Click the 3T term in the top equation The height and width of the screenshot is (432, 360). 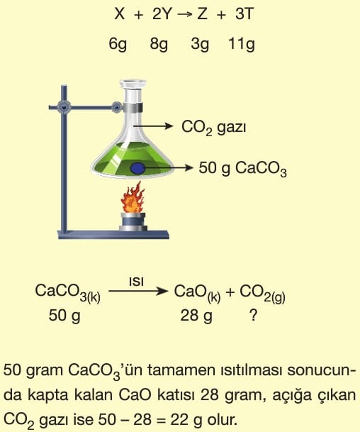click(244, 13)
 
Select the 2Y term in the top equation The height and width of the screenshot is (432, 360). click(162, 13)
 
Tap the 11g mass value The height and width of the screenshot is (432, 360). click(242, 44)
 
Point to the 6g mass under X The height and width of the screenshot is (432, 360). click(118, 44)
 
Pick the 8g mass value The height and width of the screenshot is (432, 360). click(159, 44)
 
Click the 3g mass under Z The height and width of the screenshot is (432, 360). click(200, 44)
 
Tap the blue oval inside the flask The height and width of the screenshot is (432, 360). click(137, 168)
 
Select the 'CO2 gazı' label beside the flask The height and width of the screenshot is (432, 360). click(213, 128)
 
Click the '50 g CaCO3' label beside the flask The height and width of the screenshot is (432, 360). click(243, 169)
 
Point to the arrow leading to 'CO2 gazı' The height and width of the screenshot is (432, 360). click(153, 126)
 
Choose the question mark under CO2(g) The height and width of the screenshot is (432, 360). click(254, 315)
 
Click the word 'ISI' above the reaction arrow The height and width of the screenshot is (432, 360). click(136, 282)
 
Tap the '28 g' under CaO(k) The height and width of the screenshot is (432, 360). click(196, 316)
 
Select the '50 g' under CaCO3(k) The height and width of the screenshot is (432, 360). click(64, 316)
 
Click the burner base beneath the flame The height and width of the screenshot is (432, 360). click(133, 222)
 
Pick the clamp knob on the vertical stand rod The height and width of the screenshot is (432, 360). click(64, 107)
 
